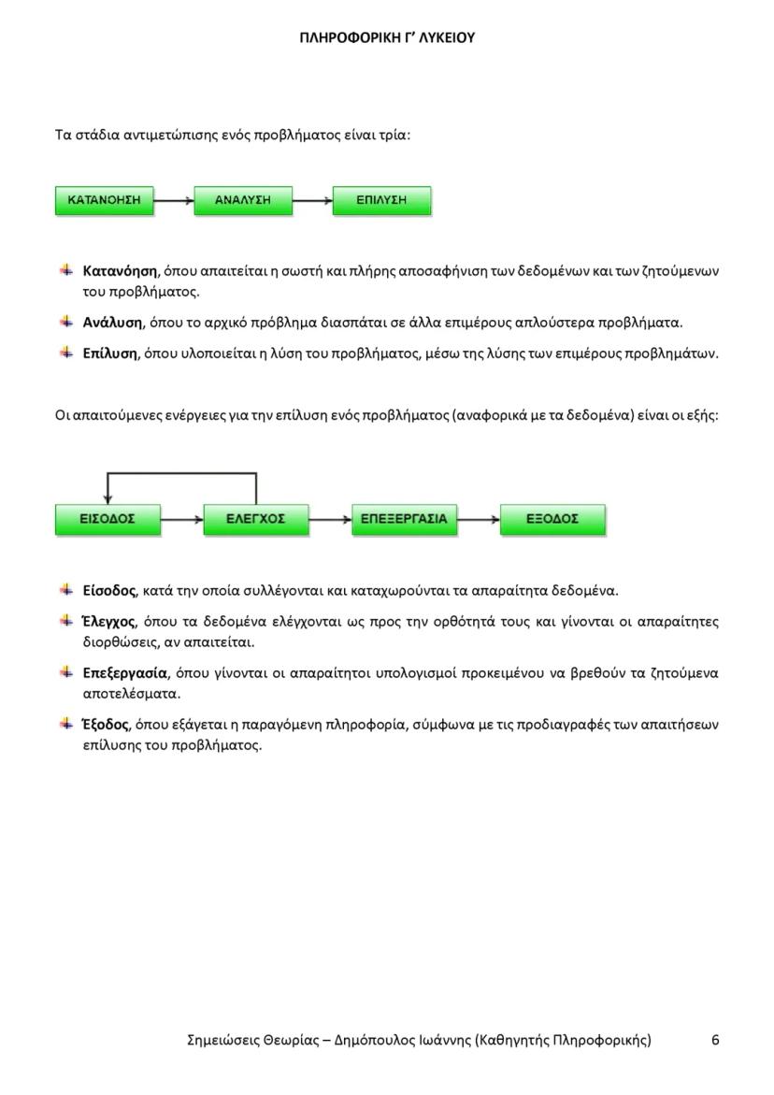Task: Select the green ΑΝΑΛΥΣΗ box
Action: [243, 201]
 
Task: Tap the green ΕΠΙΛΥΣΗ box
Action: [381, 201]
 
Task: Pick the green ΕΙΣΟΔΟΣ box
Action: [107, 519]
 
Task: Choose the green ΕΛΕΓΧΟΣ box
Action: [256, 519]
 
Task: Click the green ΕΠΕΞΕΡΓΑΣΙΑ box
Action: [405, 519]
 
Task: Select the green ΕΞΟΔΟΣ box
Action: [552, 519]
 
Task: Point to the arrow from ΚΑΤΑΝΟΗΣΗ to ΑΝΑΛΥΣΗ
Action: [174, 201]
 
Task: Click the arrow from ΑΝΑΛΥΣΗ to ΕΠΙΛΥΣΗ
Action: [312, 201]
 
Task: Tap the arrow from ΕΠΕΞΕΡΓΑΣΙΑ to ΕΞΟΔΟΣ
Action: [479, 519]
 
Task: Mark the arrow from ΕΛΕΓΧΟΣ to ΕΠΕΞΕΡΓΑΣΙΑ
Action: [330, 519]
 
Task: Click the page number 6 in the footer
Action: [715, 1040]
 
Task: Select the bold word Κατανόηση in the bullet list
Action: [120, 271]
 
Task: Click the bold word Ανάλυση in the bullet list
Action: [112, 323]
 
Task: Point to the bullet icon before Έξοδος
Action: [66, 723]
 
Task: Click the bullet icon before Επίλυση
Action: [66, 353]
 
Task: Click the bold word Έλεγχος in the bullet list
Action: [108, 621]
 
